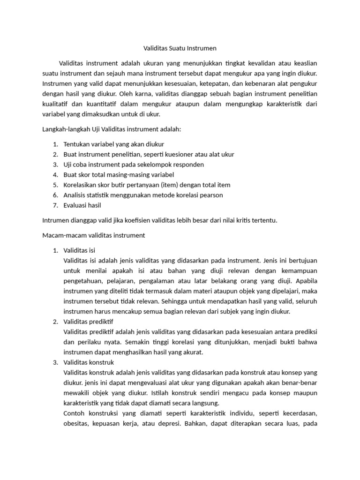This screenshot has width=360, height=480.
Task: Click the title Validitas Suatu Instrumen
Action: pyautogui.click(x=180, y=48)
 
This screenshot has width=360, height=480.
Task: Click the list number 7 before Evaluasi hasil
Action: pyautogui.click(x=55, y=205)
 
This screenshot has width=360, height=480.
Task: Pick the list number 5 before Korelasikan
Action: pyautogui.click(x=55, y=185)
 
